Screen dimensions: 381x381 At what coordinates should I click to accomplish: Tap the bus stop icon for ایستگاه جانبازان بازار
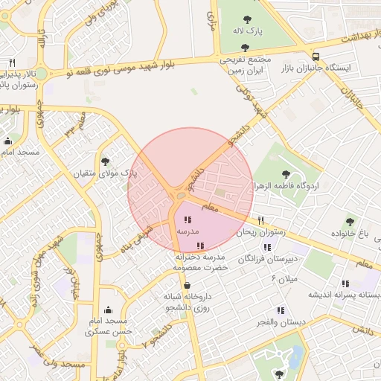coord(316,57)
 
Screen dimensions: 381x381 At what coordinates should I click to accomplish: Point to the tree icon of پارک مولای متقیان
coord(105,161)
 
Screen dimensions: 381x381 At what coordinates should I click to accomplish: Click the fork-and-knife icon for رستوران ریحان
coord(260,220)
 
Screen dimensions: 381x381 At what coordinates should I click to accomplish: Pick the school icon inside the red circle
coord(187,220)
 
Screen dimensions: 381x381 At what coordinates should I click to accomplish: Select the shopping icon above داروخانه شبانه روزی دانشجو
coord(187,285)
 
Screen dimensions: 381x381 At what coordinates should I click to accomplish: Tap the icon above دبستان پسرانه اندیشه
coord(345,283)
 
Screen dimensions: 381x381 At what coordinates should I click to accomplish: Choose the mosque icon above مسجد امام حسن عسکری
coord(109,310)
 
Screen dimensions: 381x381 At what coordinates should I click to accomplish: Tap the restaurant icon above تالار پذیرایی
coord(12,63)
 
